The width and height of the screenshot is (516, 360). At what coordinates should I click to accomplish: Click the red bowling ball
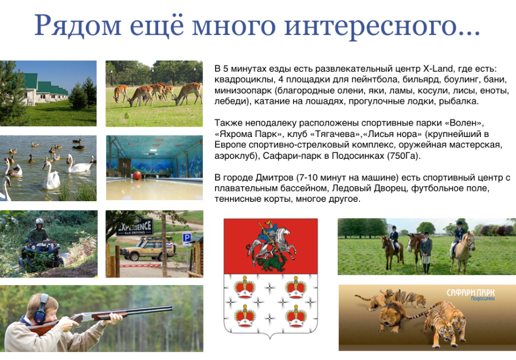tap(137, 176)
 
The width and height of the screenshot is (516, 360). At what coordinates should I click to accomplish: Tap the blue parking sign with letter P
tap(187, 238)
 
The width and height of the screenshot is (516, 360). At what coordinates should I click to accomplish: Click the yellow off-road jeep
tap(147, 249)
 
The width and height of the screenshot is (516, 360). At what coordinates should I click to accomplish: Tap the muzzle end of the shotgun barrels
tap(171, 308)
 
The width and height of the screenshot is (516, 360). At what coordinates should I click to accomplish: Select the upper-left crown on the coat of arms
tap(245, 287)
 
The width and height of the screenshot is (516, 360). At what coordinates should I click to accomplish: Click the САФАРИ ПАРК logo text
tap(470, 292)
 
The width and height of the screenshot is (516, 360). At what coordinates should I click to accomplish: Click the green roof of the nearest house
tap(30, 81)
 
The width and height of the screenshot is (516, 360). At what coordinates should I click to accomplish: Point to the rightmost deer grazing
tap(187, 93)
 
